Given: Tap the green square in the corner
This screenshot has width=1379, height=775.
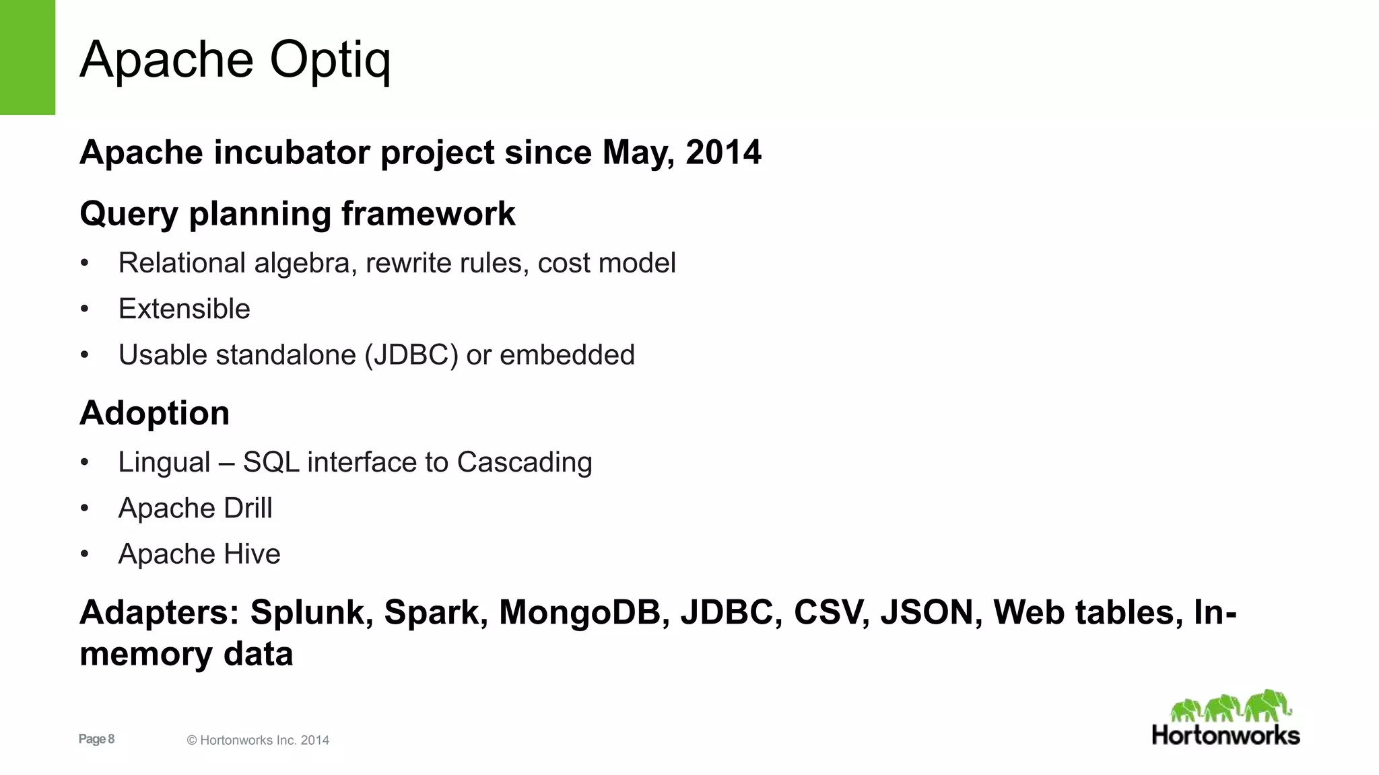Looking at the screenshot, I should click(x=27, y=57).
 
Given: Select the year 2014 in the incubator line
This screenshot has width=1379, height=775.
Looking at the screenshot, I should click(x=723, y=152).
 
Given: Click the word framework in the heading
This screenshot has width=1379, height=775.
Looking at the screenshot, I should click(x=428, y=214).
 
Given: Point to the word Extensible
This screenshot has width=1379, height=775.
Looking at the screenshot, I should click(x=184, y=309).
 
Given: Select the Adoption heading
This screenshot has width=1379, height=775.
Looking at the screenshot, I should click(x=154, y=412).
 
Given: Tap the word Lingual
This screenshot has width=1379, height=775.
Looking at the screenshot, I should click(x=164, y=462).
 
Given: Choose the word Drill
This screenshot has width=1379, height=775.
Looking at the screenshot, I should click(x=248, y=508).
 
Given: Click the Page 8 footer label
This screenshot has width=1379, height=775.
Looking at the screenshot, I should click(x=96, y=739).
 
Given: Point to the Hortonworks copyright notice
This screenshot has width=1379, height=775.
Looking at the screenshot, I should click(x=258, y=740).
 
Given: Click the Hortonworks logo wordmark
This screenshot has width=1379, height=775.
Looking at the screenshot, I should click(x=1225, y=735).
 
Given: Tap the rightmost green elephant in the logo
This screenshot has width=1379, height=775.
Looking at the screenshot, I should click(x=1267, y=706).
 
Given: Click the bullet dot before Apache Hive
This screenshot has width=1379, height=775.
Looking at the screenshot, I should click(x=84, y=554).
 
